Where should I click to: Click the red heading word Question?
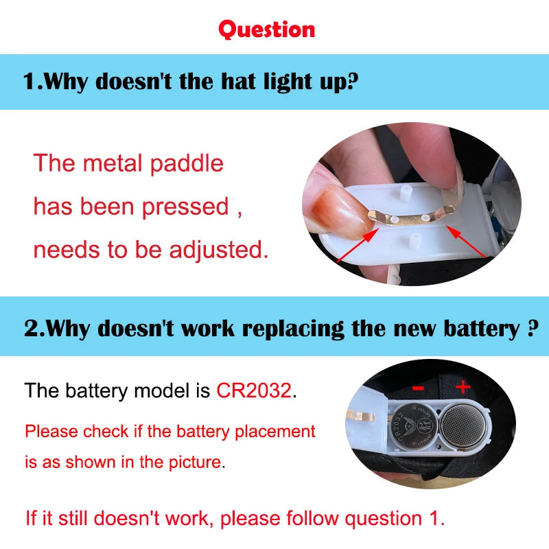click(267, 30)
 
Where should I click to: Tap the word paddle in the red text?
click(187, 164)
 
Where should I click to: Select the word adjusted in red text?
click(219, 250)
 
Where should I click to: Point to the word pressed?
click(185, 207)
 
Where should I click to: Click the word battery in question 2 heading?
click(482, 329)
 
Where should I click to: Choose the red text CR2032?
click(254, 390)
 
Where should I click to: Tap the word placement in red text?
click(275, 432)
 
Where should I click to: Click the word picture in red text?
click(196, 462)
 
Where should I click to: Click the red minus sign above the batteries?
click(418, 388)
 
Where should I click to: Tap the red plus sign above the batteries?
click(463, 387)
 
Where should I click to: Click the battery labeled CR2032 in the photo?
click(414, 426)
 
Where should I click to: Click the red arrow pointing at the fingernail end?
click(357, 245)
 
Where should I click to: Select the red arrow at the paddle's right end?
click(465, 242)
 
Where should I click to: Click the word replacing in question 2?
click(294, 329)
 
